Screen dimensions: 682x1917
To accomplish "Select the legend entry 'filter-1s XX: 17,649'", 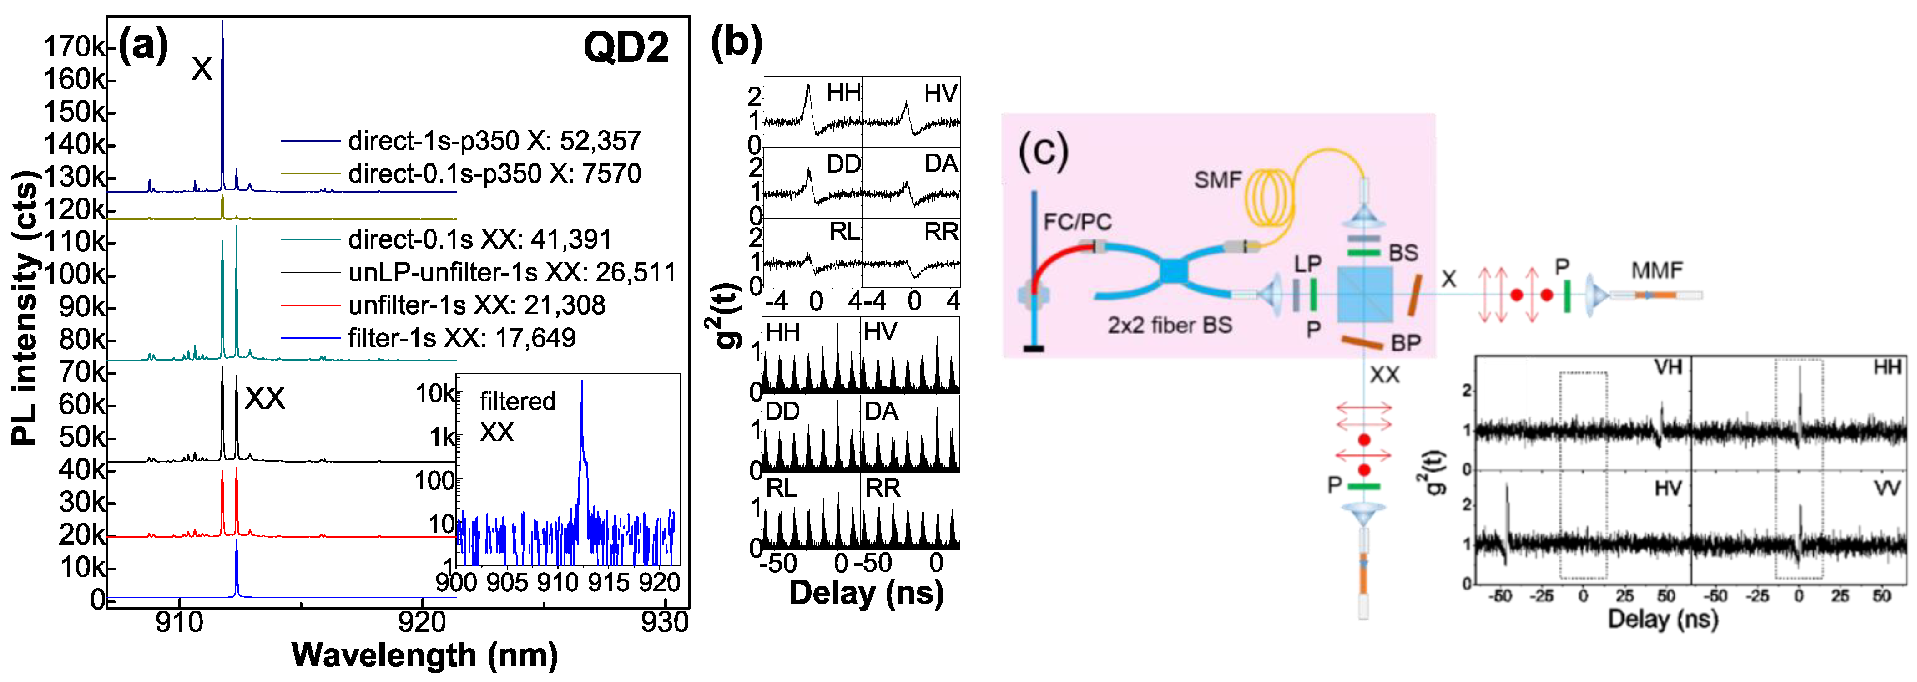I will click(461, 338).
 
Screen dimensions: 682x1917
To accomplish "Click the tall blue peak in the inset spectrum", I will click(582, 387).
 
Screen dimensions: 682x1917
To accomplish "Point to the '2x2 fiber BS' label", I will click(1169, 326).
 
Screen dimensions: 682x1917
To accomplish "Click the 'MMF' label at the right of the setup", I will click(1656, 270).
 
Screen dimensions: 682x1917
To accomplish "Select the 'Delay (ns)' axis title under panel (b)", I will click(866, 593).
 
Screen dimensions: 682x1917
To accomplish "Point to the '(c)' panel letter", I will click(1043, 151).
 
